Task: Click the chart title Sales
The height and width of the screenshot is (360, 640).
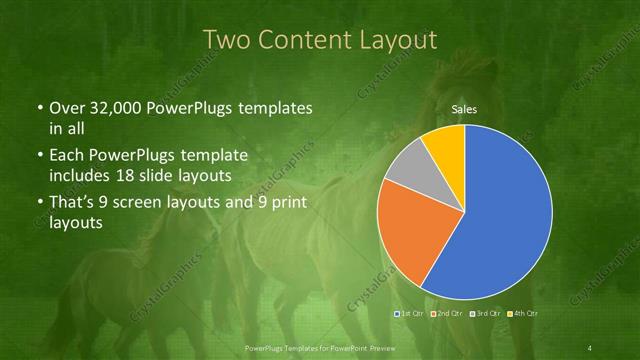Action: (463, 108)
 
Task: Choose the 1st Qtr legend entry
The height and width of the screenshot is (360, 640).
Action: (412, 314)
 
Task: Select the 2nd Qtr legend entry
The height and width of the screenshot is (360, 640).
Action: (449, 314)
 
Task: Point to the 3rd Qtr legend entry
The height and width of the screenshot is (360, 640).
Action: (486, 314)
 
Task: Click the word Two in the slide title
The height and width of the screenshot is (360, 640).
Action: (225, 41)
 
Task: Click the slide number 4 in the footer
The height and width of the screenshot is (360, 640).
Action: (590, 347)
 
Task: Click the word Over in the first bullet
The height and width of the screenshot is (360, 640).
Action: (64, 108)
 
